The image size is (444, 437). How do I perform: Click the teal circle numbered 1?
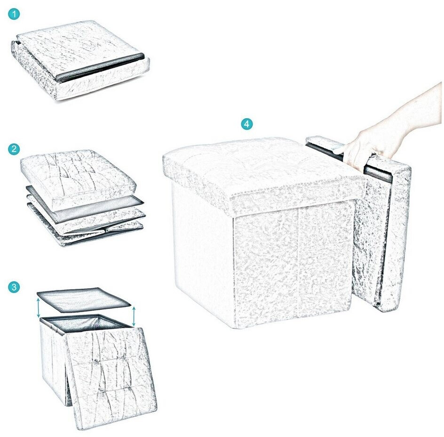click(x=14, y=14)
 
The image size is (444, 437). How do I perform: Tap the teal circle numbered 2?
click(x=14, y=149)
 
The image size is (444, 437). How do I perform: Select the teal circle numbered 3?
click(x=14, y=287)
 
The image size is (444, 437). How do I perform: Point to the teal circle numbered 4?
click(x=246, y=124)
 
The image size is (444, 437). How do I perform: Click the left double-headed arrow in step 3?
click(x=38, y=308)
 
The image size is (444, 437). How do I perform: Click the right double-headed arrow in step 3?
click(x=134, y=316)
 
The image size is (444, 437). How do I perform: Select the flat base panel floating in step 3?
click(x=84, y=299)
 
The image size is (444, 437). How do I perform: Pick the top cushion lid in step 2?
click(x=78, y=178)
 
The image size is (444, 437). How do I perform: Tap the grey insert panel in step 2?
click(x=85, y=204)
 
